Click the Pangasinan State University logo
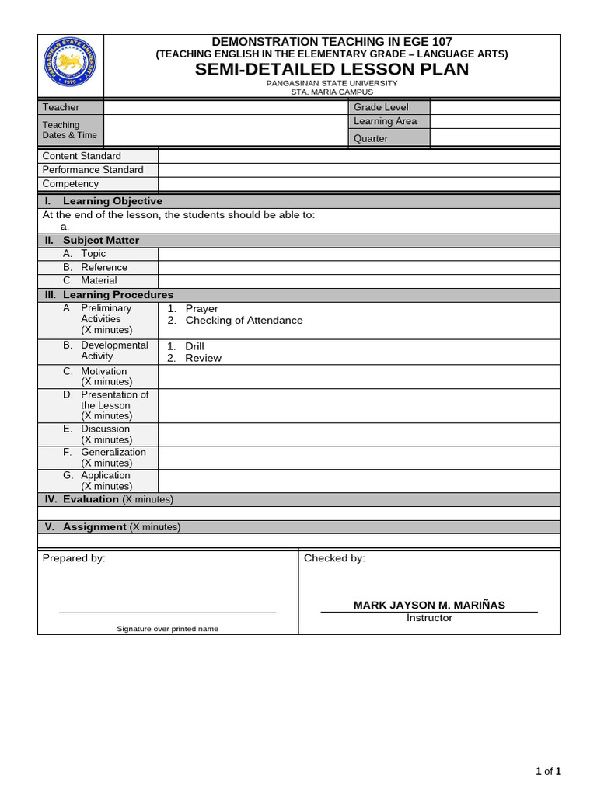pyautogui.click(x=70, y=66)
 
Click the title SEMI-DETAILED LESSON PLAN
pyautogui.click(x=332, y=70)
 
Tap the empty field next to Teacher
pyautogui.click(x=225, y=107)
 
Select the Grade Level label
pyautogui.click(x=381, y=107)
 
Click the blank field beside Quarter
pyautogui.click(x=494, y=138)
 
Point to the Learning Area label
pyautogui.click(x=385, y=121)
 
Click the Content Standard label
pyautogui.click(x=82, y=156)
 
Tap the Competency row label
pyautogui.click(x=71, y=184)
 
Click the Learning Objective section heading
pyautogui.click(x=112, y=201)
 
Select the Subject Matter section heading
pyautogui.click(x=101, y=241)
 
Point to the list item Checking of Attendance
pyautogui.click(x=244, y=321)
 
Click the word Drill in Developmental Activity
pyautogui.click(x=194, y=346)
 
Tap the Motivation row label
pyautogui.click(x=103, y=371)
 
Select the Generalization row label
pyautogui.click(x=113, y=452)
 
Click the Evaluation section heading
pyautogui.click(x=91, y=499)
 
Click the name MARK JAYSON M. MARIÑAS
pyautogui.click(x=429, y=605)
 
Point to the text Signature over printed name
pyautogui.click(x=167, y=629)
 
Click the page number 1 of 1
pyautogui.click(x=548, y=771)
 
